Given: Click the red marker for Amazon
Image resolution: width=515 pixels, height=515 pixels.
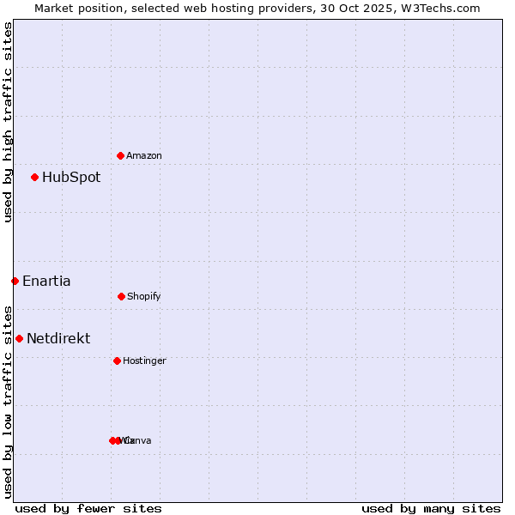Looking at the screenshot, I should tap(120, 155).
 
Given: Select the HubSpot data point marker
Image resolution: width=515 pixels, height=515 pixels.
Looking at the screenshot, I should tap(34, 177).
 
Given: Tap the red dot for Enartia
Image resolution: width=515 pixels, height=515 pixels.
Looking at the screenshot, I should tap(15, 281).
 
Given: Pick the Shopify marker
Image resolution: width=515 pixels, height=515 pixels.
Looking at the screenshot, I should tap(121, 296).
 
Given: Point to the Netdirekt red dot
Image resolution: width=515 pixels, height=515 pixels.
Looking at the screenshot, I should tap(19, 338).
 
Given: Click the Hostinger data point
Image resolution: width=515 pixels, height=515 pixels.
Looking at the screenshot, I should tap(117, 360).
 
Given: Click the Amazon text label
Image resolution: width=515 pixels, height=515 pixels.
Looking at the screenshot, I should tap(144, 155).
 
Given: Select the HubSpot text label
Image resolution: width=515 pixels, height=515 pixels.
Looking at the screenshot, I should tap(71, 178).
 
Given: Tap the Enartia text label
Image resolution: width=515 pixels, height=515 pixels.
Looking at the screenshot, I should tap(46, 282).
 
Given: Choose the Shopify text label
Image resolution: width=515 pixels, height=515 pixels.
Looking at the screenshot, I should tap(144, 296).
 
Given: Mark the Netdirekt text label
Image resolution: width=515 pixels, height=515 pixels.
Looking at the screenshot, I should tap(58, 339).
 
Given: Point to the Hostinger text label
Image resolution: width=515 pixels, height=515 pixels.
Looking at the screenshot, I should tap(144, 360).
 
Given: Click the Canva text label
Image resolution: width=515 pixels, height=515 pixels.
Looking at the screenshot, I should tap(138, 440).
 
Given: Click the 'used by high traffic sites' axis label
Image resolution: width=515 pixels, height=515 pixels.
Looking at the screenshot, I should tap(8, 122).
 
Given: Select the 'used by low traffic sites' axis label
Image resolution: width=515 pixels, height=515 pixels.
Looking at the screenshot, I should tap(8, 402).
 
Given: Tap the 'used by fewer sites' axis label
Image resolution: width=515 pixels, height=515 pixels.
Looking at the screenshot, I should tap(88, 509).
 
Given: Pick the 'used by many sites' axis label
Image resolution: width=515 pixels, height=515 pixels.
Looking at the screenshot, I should tap(431, 509).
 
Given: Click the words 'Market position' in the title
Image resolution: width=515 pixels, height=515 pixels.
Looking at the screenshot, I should tap(76, 8).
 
